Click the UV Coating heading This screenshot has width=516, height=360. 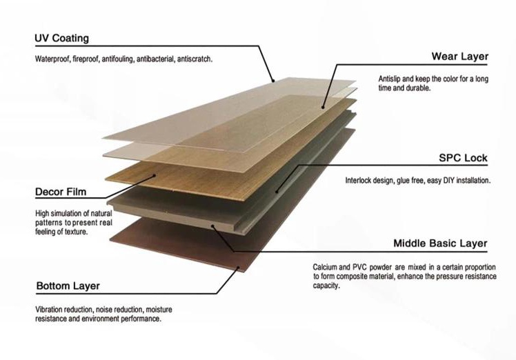(x=61, y=38)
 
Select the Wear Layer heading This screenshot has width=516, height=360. (x=459, y=57)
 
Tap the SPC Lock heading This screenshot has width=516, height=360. (x=463, y=158)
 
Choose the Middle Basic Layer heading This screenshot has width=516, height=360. (x=440, y=243)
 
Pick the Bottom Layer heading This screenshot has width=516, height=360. (x=68, y=286)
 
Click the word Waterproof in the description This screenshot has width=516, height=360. (x=53, y=59)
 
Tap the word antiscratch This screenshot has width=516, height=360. (x=195, y=59)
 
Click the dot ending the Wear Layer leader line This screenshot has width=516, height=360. (x=322, y=106)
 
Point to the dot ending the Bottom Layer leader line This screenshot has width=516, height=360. (x=238, y=267)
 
